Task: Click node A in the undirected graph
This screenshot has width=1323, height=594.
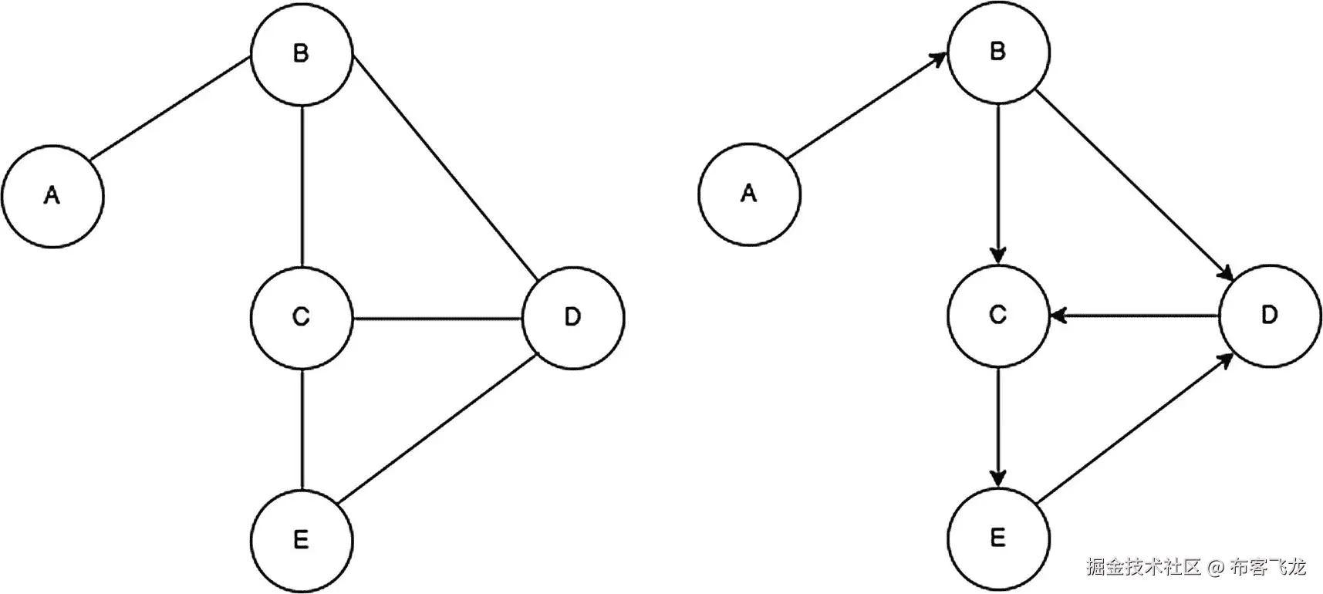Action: [x=52, y=196]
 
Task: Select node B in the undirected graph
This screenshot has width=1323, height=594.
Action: [x=302, y=54]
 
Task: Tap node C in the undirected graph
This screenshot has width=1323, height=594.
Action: [x=302, y=317]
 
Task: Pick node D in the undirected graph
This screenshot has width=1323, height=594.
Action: [x=573, y=317]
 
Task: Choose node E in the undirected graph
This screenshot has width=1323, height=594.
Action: [x=302, y=539]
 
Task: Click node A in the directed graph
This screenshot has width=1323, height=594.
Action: [x=749, y=194]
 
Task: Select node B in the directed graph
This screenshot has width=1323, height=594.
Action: [x=998, y=52]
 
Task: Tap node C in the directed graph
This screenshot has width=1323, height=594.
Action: [x=998, y=316]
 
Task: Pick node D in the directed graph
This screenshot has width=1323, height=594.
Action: [x=1270, y=316]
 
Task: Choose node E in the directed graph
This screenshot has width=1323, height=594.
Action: [x=998, y=538]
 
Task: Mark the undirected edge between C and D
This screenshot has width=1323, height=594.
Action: [x=437, y=317]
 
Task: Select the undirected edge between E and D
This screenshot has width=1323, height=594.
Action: [x=437, y=427]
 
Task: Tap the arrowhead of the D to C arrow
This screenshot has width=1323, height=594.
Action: [x=1058, y=315]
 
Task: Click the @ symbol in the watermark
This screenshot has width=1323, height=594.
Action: [x=1215, y=569]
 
